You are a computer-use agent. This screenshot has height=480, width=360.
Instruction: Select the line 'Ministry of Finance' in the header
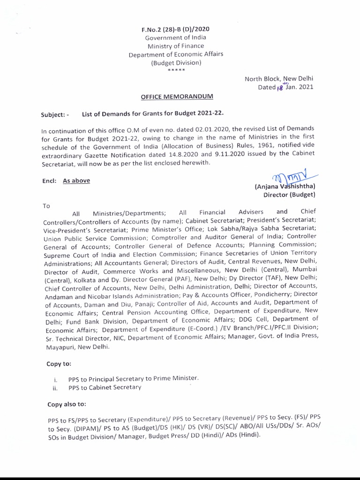click(176, 45)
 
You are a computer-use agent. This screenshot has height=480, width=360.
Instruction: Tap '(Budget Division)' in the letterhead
click(176, 62)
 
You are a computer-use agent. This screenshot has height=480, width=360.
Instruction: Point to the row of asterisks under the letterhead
click(176, 70)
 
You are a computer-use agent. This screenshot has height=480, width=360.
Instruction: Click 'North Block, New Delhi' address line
click(279, 79)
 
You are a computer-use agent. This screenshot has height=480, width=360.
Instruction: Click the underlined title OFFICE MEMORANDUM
click(177, 96)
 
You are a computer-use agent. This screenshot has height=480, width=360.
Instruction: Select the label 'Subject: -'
click(55, 114)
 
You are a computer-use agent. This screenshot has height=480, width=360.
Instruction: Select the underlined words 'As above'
click(76, 180)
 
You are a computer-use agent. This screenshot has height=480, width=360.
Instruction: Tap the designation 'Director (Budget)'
click(292, 194)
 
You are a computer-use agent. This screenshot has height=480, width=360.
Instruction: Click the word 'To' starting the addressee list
click(46, 205)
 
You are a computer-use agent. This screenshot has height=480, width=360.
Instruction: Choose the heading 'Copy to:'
click(59, 364)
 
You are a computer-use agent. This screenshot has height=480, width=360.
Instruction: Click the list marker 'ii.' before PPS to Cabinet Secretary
click(55, 388)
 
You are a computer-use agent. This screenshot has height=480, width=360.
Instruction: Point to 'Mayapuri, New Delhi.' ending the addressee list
click(77, 347)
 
